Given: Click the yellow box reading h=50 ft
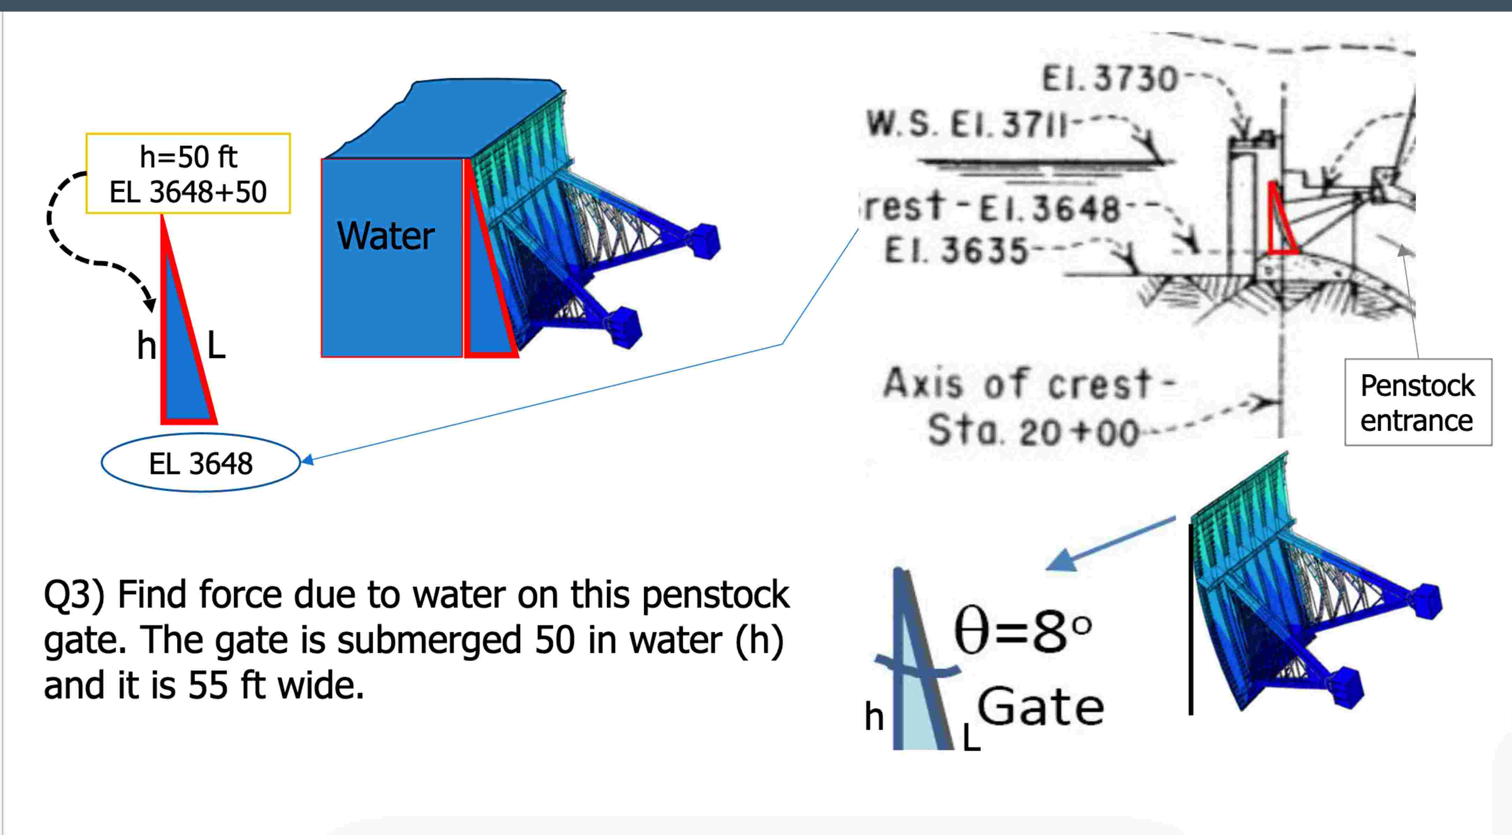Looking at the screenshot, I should pyautogui.click(x=188, y=173).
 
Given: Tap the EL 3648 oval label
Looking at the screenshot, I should pyautogui.click(x=201, y=463).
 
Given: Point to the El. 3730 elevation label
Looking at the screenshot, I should pyautogui.click(x=1109, y=79).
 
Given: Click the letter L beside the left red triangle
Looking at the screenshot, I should pyautogui.click(x=216, y=345).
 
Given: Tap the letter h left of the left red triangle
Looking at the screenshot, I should pyautogui.click(x=146, y=345).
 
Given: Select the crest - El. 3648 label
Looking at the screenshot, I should pyautogui.click(x=992, y=207).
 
